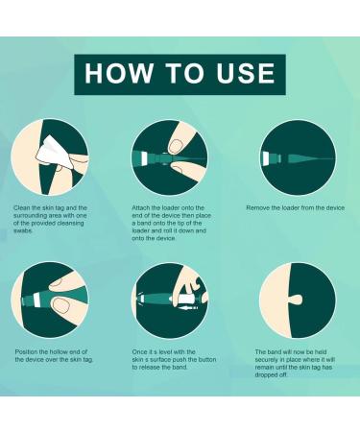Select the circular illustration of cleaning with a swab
coord(50,156)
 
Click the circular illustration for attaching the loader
coord(170,156)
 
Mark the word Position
coord(30,352)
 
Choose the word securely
coord(272,360)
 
